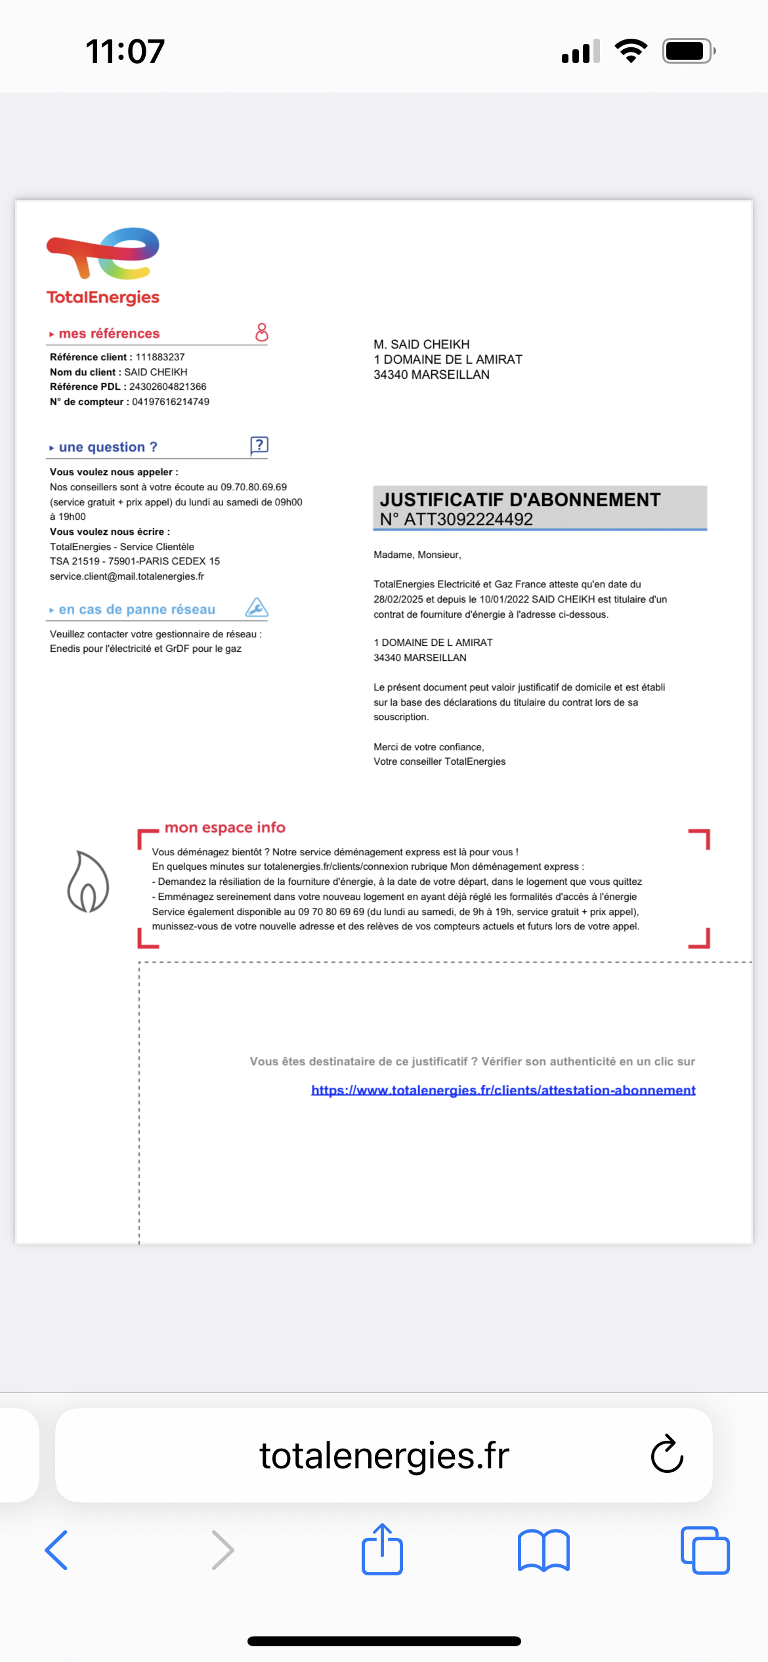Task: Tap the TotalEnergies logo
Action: click(103, 266)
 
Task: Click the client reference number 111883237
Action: click(160, 357)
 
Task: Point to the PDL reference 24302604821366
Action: click(167, 387)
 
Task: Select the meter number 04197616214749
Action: click(171, 402)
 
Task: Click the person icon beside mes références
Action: click(261, 332)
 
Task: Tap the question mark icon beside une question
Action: click(259, 446)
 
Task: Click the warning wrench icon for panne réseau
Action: click(257, 608)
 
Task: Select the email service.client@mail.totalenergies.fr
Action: click(127, 576)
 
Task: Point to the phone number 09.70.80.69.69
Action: click(253, 487)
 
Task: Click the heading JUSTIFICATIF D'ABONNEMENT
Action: click(520, 500)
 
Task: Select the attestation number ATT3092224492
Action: click(468, 519)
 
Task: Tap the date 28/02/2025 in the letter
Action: click(398, 599)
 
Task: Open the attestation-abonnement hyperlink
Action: click(503, 1090)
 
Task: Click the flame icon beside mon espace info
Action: click(88, 882)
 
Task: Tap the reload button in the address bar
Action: click(667, 1455)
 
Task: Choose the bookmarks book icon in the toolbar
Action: click(544, 1550)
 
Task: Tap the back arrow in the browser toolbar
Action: click(56, 1550)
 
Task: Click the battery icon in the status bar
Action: click(687, 51)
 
